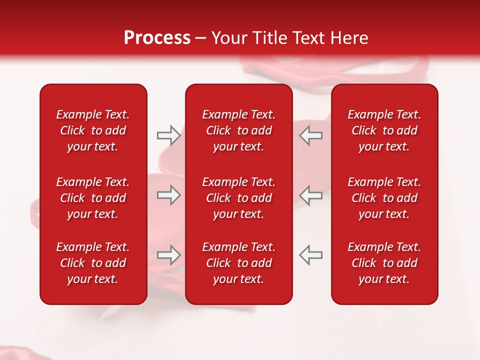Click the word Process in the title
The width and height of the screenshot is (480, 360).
(x=157, y=38)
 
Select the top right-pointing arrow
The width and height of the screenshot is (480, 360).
(x=168, y=135)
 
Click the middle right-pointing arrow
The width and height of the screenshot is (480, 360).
(x=168, y=195)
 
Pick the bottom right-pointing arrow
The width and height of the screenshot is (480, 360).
(x=168, y=255)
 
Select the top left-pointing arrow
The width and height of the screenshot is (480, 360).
(x=311, y=135)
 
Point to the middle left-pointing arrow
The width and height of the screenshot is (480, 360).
(x=311, y=195)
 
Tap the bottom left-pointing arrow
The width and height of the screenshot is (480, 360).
(x=311, y=255)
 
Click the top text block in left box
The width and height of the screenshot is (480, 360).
(x=93, y=130)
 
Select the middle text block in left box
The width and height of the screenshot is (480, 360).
(x=93, y=198)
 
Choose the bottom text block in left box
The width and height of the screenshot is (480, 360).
(x=93, y=263)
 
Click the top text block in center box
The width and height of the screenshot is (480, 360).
(x=239, y=130)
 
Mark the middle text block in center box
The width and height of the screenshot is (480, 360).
(x=239, y=198)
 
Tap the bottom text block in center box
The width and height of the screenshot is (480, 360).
(x=239, y=263)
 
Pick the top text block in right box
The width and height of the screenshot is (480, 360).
(x=384, y=130)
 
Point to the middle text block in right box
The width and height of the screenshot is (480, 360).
(x=384, y=198)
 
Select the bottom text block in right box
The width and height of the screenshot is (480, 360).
(x=384, y=263)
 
